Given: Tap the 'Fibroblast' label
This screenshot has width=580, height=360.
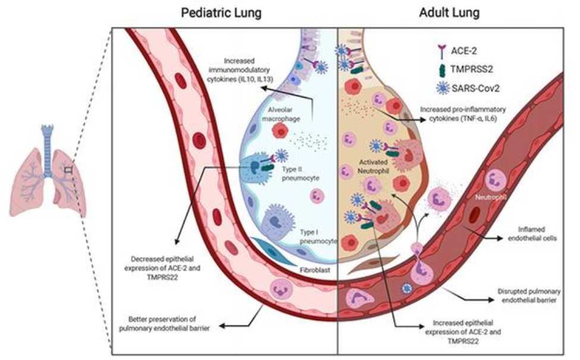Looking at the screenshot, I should [315, 269].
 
